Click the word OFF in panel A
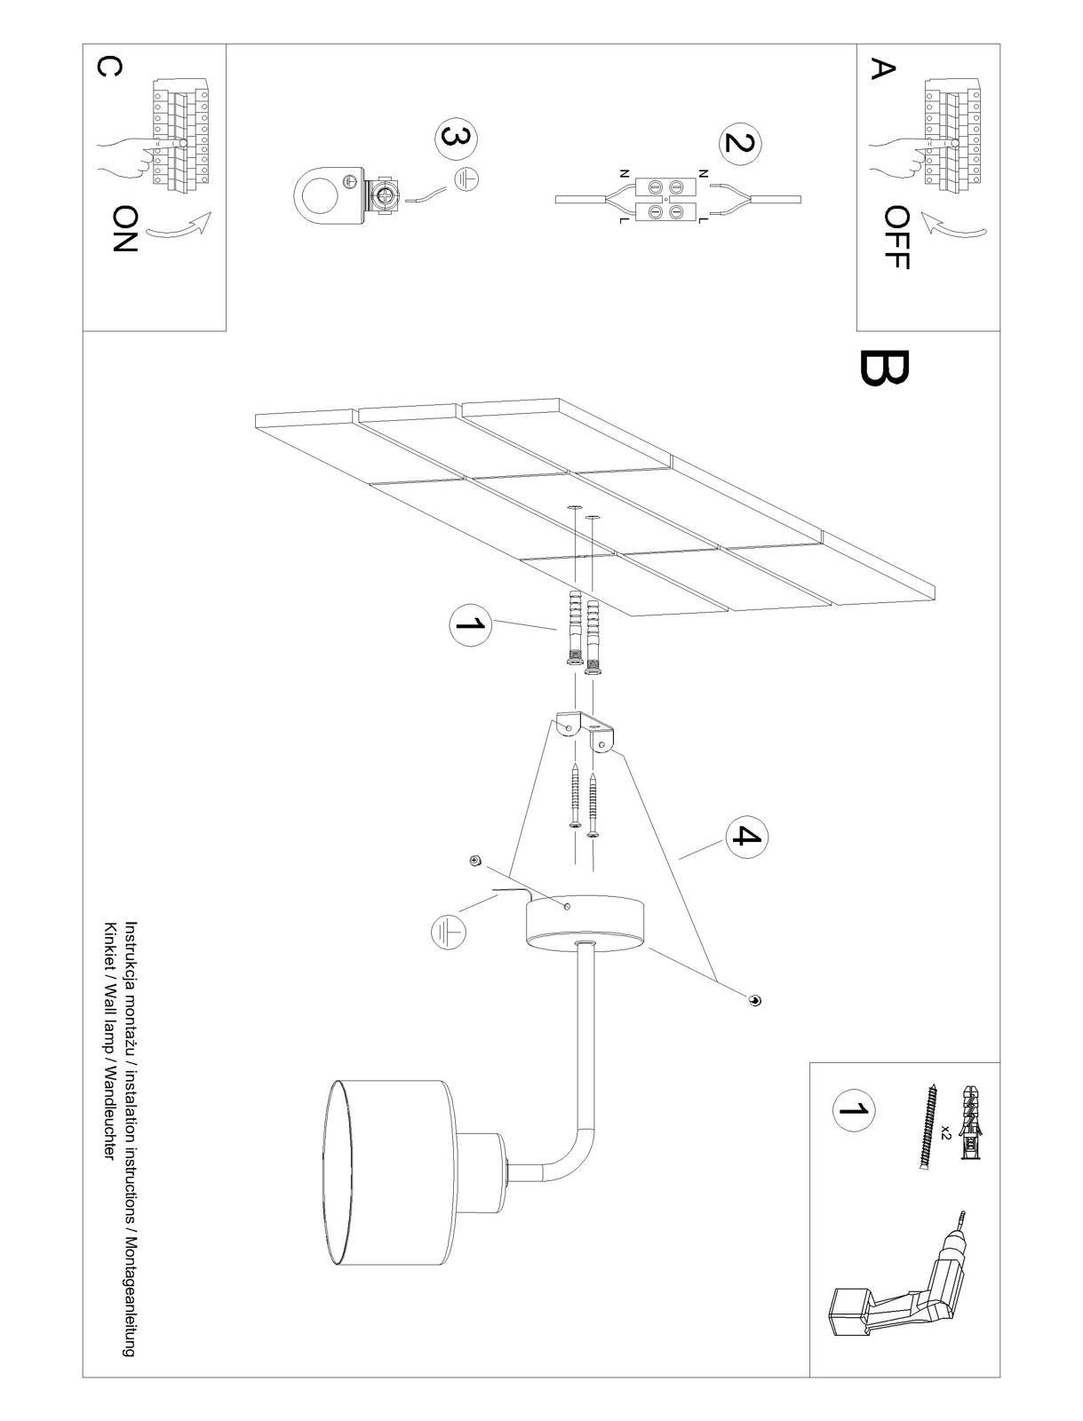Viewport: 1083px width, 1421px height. tap(898, 238)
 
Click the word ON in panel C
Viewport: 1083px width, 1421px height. tap(125, 228)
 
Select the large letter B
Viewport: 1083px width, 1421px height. tap(884, 368)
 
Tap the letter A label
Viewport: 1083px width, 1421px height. tap(882, 68)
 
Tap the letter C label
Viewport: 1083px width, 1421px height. tap(108, 67)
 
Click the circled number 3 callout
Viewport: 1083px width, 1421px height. tap(457, 139)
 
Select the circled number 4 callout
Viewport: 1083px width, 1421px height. tap(747, 837)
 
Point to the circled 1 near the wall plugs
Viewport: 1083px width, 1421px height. tap(471, 625)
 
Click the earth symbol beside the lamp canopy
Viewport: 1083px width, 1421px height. tap(448, 932)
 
